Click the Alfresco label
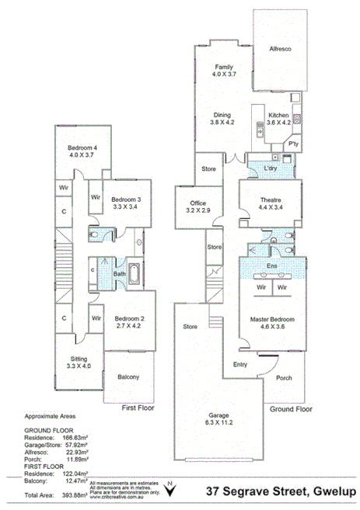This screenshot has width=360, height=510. click(x=280, y=49)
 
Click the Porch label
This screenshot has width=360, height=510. click(x=284, y=379)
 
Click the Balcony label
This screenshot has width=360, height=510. click(x=128, y=377)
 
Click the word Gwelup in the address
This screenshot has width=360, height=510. click(x=330, y=491)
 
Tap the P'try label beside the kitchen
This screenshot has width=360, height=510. click(x=294, y=145)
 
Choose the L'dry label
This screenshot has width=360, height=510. click(x=271, y=168)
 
